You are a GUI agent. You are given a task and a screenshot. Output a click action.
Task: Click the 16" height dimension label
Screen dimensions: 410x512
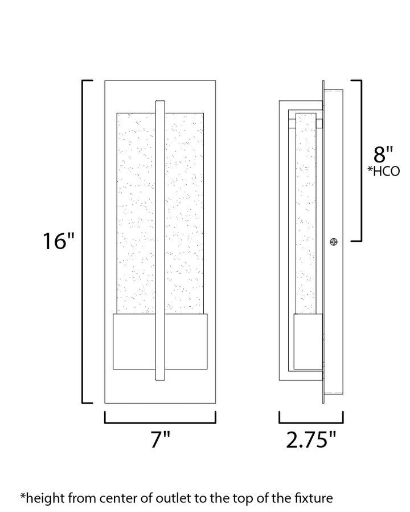59,241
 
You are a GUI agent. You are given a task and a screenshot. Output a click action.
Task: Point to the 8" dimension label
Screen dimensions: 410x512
383,155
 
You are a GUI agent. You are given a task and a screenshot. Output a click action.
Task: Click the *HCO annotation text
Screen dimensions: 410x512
383,171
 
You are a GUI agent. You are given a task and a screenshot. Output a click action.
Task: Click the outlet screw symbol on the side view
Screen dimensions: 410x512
333,242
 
